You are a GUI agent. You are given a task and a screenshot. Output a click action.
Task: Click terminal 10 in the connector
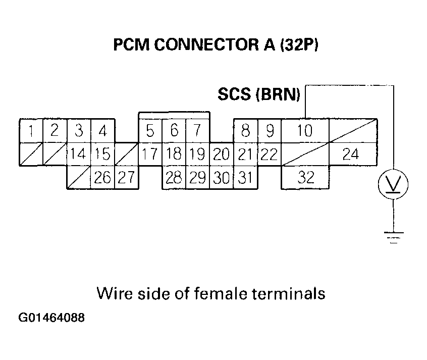(x=305, y=131)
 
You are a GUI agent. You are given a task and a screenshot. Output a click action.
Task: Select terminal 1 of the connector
(x=31, y=131)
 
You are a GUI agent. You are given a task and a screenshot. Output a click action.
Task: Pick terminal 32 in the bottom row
(x=305, y=177)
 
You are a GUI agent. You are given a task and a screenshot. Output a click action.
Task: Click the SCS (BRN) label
(x=259, y=94)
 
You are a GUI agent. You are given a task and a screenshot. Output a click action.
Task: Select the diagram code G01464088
(x=52, y=319)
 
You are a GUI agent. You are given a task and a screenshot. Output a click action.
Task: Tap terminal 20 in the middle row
(x=221, y=154)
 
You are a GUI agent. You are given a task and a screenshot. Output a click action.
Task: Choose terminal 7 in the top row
(x=197, y=131)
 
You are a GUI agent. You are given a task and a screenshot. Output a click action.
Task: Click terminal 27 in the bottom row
(x=126, y=177)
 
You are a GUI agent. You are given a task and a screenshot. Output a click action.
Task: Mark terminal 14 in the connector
(x=78, y=154)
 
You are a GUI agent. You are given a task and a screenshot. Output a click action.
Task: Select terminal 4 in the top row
(x=102, y=131)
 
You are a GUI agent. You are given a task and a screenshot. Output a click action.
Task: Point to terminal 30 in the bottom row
(x=221, y=177)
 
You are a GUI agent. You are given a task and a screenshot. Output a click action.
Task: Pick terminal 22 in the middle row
(x=269, y=154)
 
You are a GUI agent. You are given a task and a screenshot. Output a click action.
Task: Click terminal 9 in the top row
(x=270, y=131)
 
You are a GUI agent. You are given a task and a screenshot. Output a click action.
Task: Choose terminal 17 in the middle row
(x=150, y=154)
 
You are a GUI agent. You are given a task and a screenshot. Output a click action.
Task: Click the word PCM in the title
(x=131, y=45)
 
